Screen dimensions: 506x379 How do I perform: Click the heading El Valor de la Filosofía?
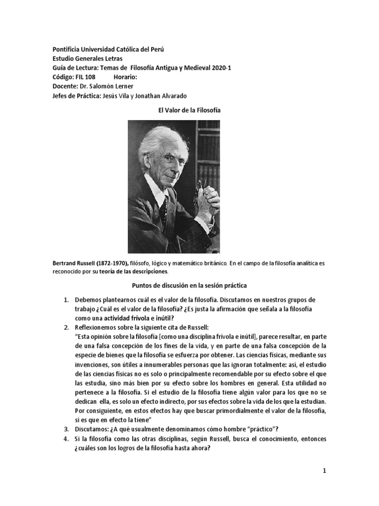[189, 110]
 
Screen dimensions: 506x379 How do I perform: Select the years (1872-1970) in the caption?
[112, 264]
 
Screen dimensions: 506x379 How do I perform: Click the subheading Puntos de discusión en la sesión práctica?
[189, 286]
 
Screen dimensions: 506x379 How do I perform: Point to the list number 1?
[66, 300]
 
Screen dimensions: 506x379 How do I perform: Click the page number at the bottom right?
[325, 458]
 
